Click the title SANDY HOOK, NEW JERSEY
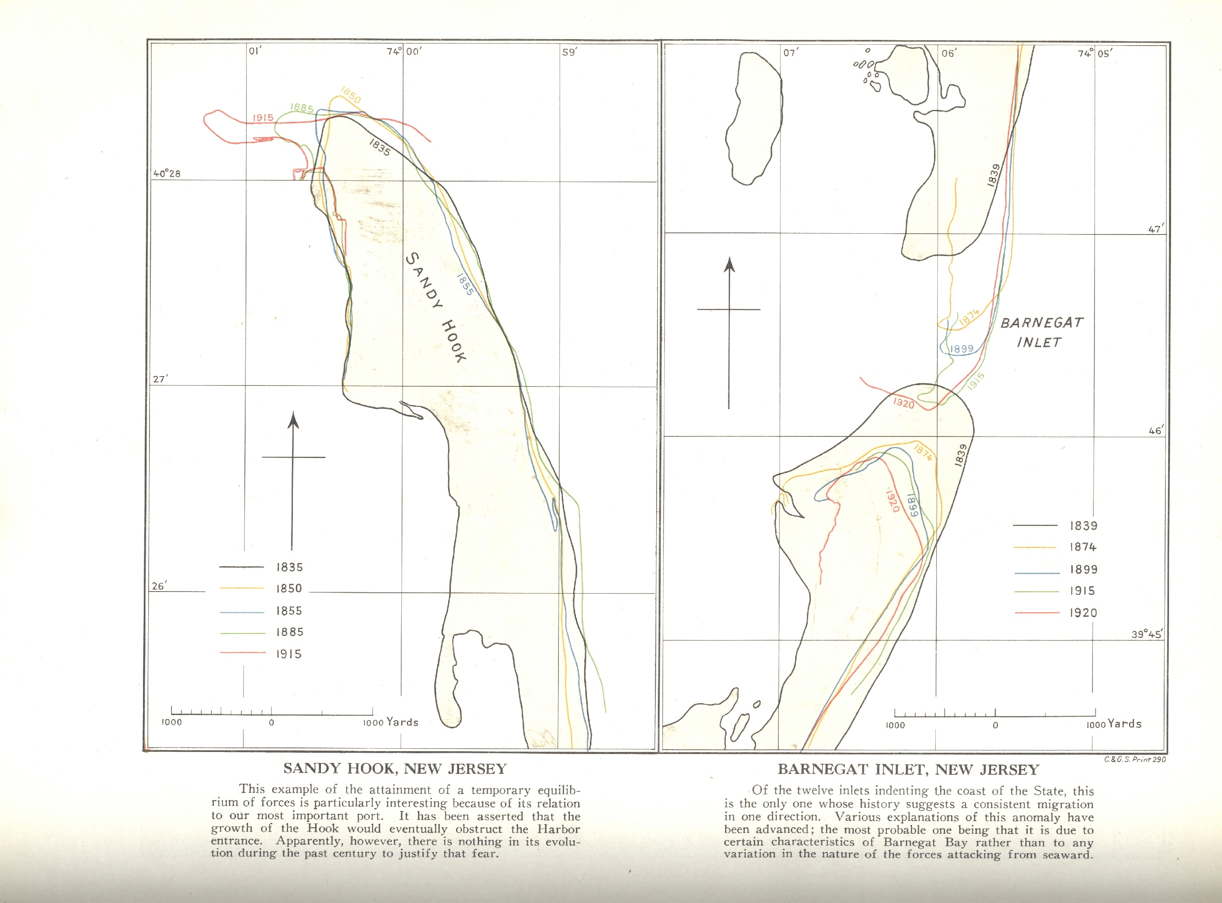[x=395, y=769]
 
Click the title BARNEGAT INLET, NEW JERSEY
[x=908, y=769]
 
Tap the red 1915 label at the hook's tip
[x=263, y=118]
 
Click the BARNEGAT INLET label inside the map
[x=1041, y=332]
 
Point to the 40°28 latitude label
[x=167, y=174]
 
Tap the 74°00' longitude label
[x=404, y=51]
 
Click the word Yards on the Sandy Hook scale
[x=402, y=722]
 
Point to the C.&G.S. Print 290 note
[x=1134, y=759]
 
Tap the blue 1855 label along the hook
[x=465, y=284]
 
